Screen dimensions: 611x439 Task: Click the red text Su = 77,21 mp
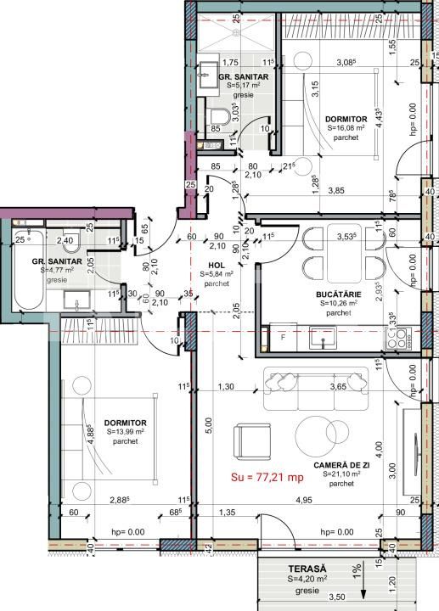tap(267, 478)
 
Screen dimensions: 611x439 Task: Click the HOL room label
tap(217, 265)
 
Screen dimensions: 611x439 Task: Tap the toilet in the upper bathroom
tap(217, 116)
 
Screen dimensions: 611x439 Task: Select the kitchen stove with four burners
tap(397, 339)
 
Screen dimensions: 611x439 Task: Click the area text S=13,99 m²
tap(127, 432)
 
